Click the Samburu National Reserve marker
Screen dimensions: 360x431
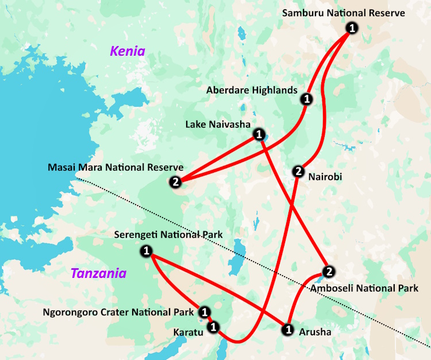(352, 28)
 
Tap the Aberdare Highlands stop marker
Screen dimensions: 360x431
(307, 99)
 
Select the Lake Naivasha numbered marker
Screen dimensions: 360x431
(259, 135)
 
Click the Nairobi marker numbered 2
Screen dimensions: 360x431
(298, 171)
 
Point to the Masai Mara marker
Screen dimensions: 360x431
(175, 182)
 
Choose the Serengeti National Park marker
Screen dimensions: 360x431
(147, 251)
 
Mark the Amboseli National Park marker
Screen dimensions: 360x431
(328, 272)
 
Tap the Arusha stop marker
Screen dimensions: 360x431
(288, 330)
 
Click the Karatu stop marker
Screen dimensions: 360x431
(213, 327)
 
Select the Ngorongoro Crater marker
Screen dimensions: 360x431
(205, 312)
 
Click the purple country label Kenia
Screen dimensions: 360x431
(128, 52)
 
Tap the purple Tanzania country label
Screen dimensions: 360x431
(98, 273)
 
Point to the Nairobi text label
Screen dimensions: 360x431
(325, 177)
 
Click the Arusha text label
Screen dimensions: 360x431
(315, 331)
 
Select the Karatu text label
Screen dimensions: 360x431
(188, 332)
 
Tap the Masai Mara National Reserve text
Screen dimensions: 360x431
(117, 167)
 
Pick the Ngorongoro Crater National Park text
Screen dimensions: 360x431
(118, 313)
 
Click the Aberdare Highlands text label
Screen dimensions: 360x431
(252, 90)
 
